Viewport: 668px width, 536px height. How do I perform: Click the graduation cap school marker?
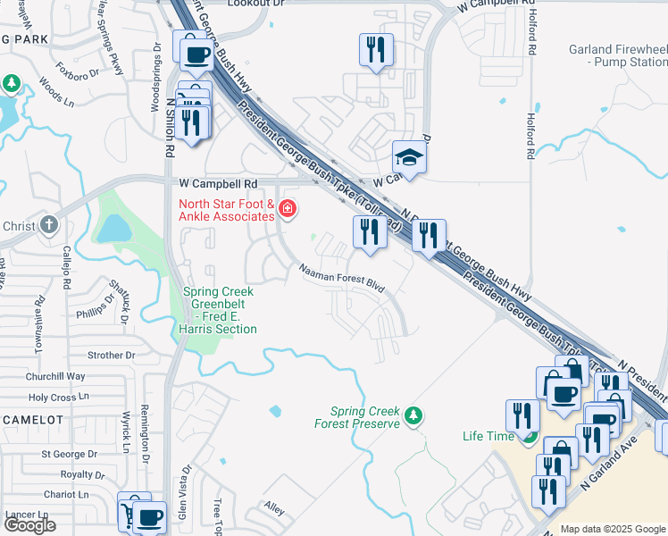coord(409,157)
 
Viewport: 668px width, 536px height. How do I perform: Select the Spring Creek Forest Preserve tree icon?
coord(413,415)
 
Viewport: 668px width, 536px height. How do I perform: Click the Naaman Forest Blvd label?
coord(341,278)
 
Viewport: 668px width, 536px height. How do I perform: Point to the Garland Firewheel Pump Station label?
coord(617,55)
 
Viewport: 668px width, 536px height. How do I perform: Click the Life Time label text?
coord(488,436)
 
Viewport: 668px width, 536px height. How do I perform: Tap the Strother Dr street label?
coord(112,355)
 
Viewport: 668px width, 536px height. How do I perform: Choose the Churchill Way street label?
coord(55,376)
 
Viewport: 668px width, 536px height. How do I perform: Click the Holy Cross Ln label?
coord(60,397)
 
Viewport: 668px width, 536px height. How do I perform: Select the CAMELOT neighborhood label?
coord(32,419)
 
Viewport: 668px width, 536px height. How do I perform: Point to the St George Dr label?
coord(68,455)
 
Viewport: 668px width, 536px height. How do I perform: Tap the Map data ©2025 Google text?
coord(614,529)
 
